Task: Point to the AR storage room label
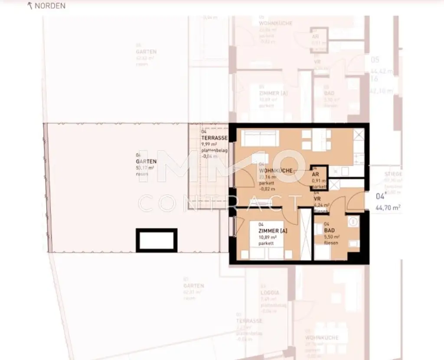[x=315, y=174]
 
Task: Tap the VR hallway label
[x=317, y=199]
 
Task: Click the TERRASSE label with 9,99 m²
[x=214, y=138]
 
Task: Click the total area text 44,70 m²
[x=388, y=208]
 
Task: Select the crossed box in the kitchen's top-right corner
[x=359, y=135]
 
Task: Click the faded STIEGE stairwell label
[x=392, y=174]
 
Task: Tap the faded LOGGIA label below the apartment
[x=270, y=293]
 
